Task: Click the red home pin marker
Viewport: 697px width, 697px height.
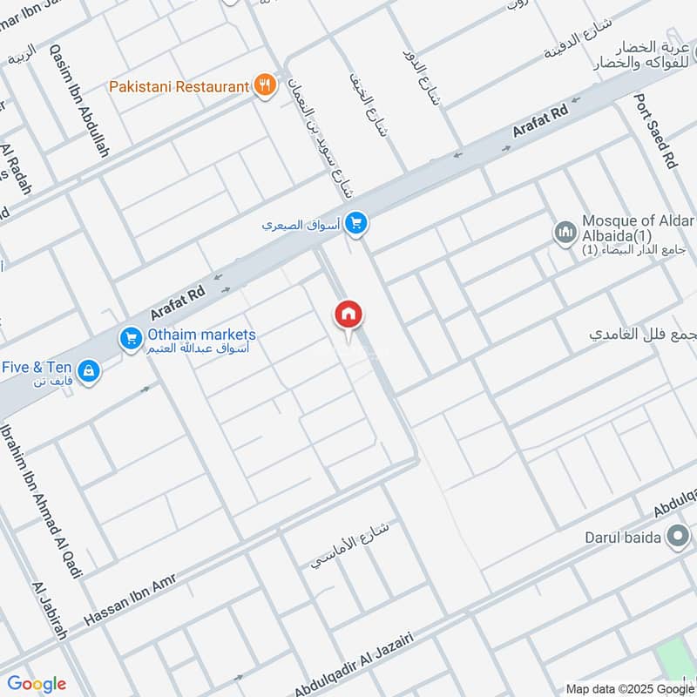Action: (x=348, y=315)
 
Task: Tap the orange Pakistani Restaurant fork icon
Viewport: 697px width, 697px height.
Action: (x=265, y=85)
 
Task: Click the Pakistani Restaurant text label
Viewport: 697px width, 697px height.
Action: (x=179, y=87)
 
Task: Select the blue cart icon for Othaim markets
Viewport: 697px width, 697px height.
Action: (x=131, y=337)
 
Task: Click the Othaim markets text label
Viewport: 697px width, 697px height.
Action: (x=201, y=335)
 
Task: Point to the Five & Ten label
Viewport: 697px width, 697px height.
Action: (x=37, y=368)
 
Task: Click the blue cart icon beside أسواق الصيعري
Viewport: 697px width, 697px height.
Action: (x=355, y=224)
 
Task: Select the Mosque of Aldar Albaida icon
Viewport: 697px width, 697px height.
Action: (x=565, y=233)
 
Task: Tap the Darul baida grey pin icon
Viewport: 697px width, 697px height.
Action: (x=676, y=538)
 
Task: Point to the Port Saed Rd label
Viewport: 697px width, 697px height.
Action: (x=656, y=132)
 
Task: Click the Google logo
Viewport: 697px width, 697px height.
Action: (x=37, y=684)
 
